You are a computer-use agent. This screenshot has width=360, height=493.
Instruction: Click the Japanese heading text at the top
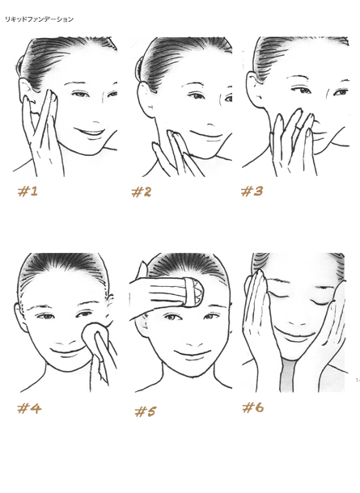pyautogui.click(x=39, y=19)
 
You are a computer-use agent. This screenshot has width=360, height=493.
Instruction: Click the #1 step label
pyautogui.click(x=28, y=192)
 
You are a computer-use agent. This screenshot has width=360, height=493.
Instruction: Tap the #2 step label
pyautogui.click(x=142, y=192)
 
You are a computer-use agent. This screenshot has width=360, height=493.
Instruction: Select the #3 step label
pyautogui.click(x=252, y=192)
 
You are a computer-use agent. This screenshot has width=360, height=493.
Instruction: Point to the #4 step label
pyautogui.click(x=29, y=409)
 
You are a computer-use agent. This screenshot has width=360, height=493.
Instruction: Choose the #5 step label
pyautogui.click(x=145, y=411)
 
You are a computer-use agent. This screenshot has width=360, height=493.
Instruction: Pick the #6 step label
pyautogui.click(x=253, y=408)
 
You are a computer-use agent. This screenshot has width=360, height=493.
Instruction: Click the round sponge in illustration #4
pyautogui.click(x=95, y=335)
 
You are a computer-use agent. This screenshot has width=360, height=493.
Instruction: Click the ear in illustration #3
pyautogui.click(x=253, y=86)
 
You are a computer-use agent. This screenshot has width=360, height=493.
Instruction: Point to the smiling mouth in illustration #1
pyautogui.click(x=90, y=132)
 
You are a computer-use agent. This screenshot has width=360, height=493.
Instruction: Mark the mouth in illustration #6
pyautogui.click(x=294, y=334)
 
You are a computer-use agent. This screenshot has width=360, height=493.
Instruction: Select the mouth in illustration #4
pyautogui.click(x=67, y=351)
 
